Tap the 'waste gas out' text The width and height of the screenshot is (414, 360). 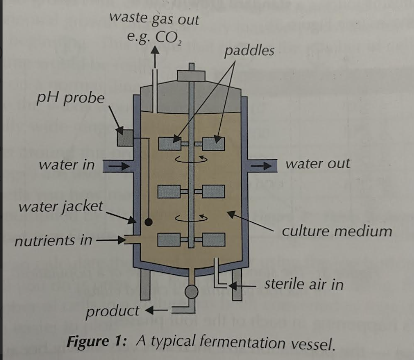pos(154,19)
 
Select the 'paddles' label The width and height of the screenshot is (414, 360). pos(249,50)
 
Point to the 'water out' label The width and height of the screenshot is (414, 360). pos(318,164)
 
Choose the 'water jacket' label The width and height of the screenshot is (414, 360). pos(61,207)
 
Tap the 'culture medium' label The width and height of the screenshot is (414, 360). pos(337,231)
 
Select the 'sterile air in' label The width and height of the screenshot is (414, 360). pos(304,284)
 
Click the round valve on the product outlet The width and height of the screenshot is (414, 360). pos(191,292)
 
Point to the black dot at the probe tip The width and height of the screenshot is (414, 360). pos(148,222)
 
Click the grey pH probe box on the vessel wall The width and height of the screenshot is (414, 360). pos(124,137)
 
